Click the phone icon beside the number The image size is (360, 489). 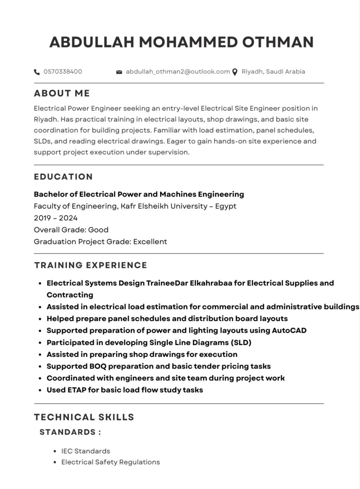pos(37,72)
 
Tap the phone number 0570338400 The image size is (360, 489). pos(63,72)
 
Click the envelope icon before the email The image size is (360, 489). pos(119,72)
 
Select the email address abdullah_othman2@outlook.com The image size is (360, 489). pos(178,72)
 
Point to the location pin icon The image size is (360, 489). pos(235,72)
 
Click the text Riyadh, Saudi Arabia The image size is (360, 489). pos(273,72)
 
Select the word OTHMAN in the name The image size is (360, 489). pos(278,42)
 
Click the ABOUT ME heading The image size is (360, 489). pos(62,93)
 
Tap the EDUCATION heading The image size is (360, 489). pos(63,177)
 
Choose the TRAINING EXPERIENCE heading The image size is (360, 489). pos(91,265)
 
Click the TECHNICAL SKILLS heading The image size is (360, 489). pos(84,417)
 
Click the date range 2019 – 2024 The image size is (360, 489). pos(56,218)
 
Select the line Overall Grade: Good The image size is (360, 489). pos(71,230)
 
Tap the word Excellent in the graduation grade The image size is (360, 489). pos(150,242)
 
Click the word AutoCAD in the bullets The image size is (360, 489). pos(289,331)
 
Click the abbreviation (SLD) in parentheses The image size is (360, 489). pos(241,343)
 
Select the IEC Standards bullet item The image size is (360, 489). pos(85,451)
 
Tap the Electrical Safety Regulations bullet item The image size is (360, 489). pos(110,462)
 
